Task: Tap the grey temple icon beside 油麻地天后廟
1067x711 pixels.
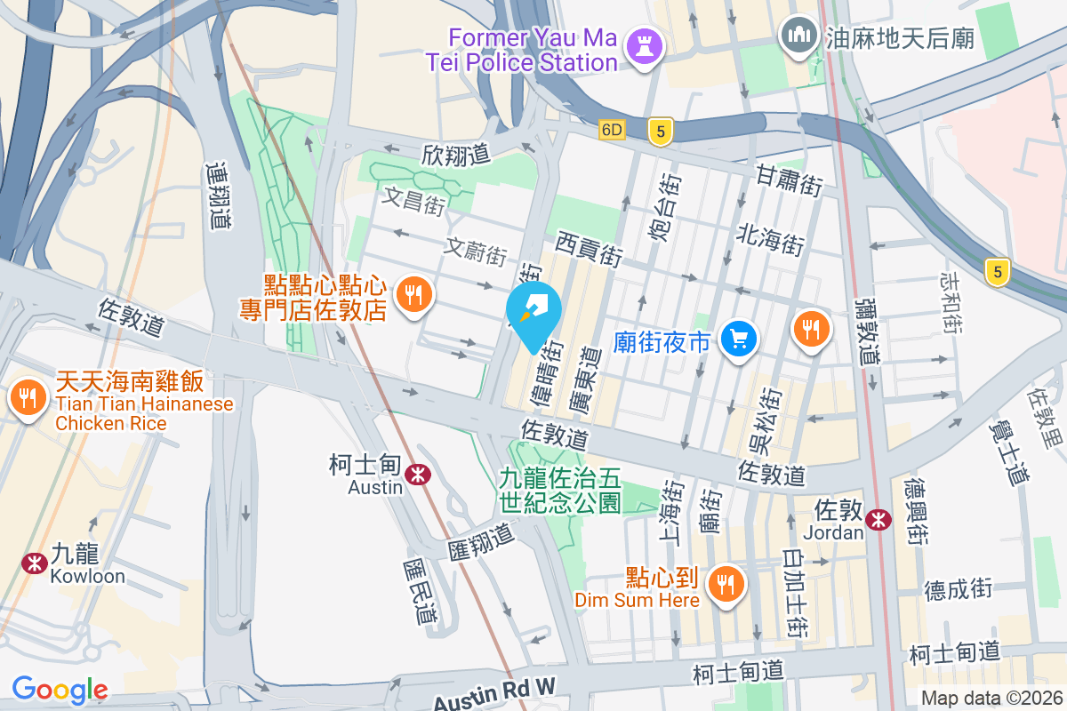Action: tap(797, 36)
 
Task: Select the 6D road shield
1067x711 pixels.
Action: tap(612, 130)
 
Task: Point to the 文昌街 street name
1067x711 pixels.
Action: tap(413, 201)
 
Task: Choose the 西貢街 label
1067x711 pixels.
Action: tap(589, 248)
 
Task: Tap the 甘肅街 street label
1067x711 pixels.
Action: tap(789, 179)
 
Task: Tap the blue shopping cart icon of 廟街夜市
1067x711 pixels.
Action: tap(739, 339)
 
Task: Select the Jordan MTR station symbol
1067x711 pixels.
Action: tap(879, 519)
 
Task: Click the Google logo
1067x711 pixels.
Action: tap(60, 690)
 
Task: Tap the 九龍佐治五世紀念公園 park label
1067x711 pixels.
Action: tap(559, 491)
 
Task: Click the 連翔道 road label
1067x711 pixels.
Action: tap(218, 195)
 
